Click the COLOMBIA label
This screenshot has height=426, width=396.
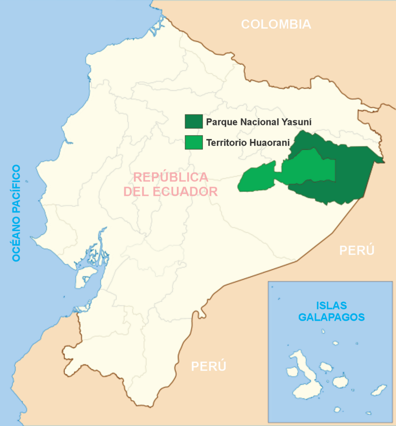[x=276, y=24]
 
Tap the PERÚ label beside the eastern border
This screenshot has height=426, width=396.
[x=357, y=250]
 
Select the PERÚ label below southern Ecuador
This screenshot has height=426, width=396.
[x=209, y=366]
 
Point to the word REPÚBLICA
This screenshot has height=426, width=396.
[x=171, y=177]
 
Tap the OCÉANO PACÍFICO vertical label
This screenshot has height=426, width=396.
[x=16, y=213]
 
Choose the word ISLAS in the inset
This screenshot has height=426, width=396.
[x=331, y=305]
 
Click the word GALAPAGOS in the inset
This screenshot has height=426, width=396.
[x=331, y=317]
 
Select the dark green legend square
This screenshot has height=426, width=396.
[x=194, y=121]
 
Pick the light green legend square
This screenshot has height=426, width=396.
[x=194, y=142]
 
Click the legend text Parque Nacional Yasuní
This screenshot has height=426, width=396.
[x=259, y=122]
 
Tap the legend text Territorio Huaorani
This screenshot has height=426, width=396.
[x=248, y=143]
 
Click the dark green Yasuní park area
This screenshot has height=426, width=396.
[x=352, y=173]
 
